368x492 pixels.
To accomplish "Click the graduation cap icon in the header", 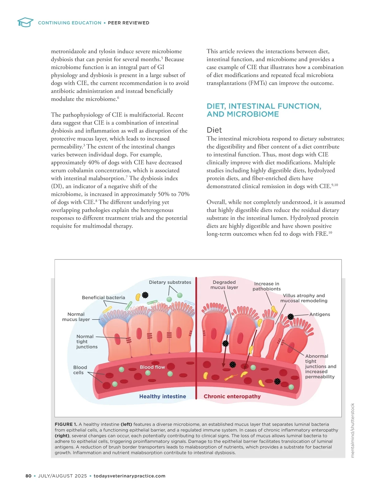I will click(x=25, y=22).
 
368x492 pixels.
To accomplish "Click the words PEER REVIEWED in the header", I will click(x=128, y=23).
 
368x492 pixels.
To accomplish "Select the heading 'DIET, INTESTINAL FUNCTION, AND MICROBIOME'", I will click(x=264, y=110).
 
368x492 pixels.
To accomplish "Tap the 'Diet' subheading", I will click(x=214, y=130).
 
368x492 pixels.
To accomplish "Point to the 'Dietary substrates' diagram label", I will click(x=170, y=282).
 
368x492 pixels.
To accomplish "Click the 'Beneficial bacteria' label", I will click(x=103, y=297).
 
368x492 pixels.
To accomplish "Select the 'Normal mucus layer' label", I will click(x=76, y=317).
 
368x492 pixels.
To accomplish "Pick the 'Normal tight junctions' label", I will click(x=86, y=342).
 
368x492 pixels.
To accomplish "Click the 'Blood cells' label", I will click(x=80, y=370).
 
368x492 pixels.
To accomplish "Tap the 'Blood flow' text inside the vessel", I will click(x=152, y=367).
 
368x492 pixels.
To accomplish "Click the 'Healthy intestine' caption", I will click(x=163, y=396).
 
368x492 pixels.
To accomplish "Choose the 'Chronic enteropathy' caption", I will click(x=232, y=396).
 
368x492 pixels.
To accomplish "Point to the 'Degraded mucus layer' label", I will click(x=224, y=285).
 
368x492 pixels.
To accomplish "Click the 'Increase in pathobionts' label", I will click(x=266, y=286).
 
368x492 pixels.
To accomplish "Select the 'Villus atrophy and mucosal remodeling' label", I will click(x=304, y=298).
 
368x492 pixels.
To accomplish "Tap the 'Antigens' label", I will click(x=320, y=314).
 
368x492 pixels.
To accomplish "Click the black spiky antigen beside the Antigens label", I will click(x=290, y=316).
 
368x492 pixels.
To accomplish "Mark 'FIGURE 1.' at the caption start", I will click(x=66, y=424).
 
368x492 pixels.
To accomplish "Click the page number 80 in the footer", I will click(x=29, y=476).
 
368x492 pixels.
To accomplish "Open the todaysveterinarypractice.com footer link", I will click(x=129, y=476).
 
